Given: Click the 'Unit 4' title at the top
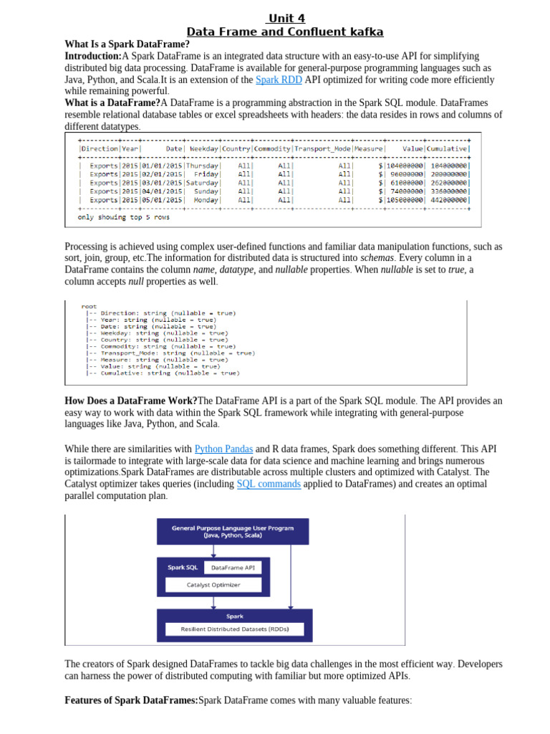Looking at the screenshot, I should (285, 19).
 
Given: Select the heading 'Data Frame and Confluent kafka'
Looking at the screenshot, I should (285, 32).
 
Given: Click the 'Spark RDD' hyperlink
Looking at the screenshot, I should (279, 80).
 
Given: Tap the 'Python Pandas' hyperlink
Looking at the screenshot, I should (223, 449).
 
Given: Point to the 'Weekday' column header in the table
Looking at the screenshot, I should (204, 148).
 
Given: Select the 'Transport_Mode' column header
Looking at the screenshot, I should (322, 148).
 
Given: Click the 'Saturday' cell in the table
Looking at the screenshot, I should (203, 182).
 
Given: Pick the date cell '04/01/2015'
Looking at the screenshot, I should (163, 191).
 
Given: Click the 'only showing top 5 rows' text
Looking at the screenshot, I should (124, 216).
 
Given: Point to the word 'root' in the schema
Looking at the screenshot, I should (89, 306).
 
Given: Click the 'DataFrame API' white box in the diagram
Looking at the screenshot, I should (233, 567).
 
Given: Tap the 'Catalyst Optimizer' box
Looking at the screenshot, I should (213, 585).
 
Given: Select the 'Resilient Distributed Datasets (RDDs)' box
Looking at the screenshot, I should (235, 629).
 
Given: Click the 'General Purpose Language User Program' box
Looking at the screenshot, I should (235, 531).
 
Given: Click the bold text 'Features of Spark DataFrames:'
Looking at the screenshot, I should (131, 700).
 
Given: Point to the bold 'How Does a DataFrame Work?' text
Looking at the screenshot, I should (131, 400).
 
